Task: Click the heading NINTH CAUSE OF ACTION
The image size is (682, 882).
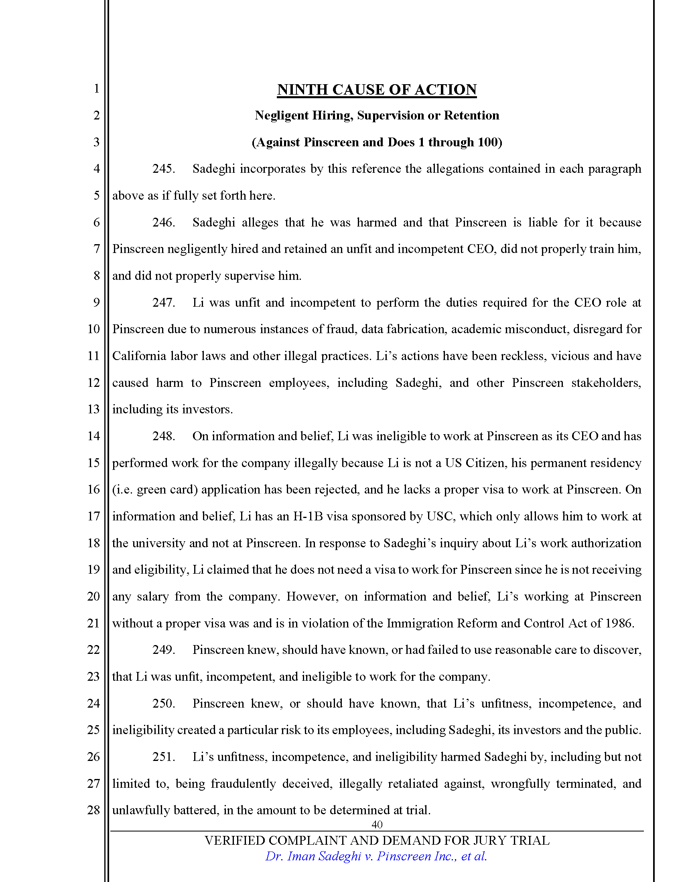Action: tap(377, 90)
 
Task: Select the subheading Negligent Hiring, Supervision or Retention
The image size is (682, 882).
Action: tap(377, 115)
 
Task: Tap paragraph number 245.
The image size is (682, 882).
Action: tap(163, 169)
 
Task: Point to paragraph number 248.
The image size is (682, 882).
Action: tap(163, 436)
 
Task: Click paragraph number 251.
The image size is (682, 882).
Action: tap(163, 757)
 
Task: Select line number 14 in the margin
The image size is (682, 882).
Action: tap(93, 436)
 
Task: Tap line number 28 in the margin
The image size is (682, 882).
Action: tap(93, 810)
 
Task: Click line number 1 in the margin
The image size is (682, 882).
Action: tap(96, 89)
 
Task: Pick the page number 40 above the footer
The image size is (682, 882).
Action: tap(377, 825)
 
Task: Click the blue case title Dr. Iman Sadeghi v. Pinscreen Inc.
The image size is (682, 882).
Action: tap(376, 857)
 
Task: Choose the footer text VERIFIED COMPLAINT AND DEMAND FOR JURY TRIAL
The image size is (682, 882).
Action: tap(377, 841)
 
